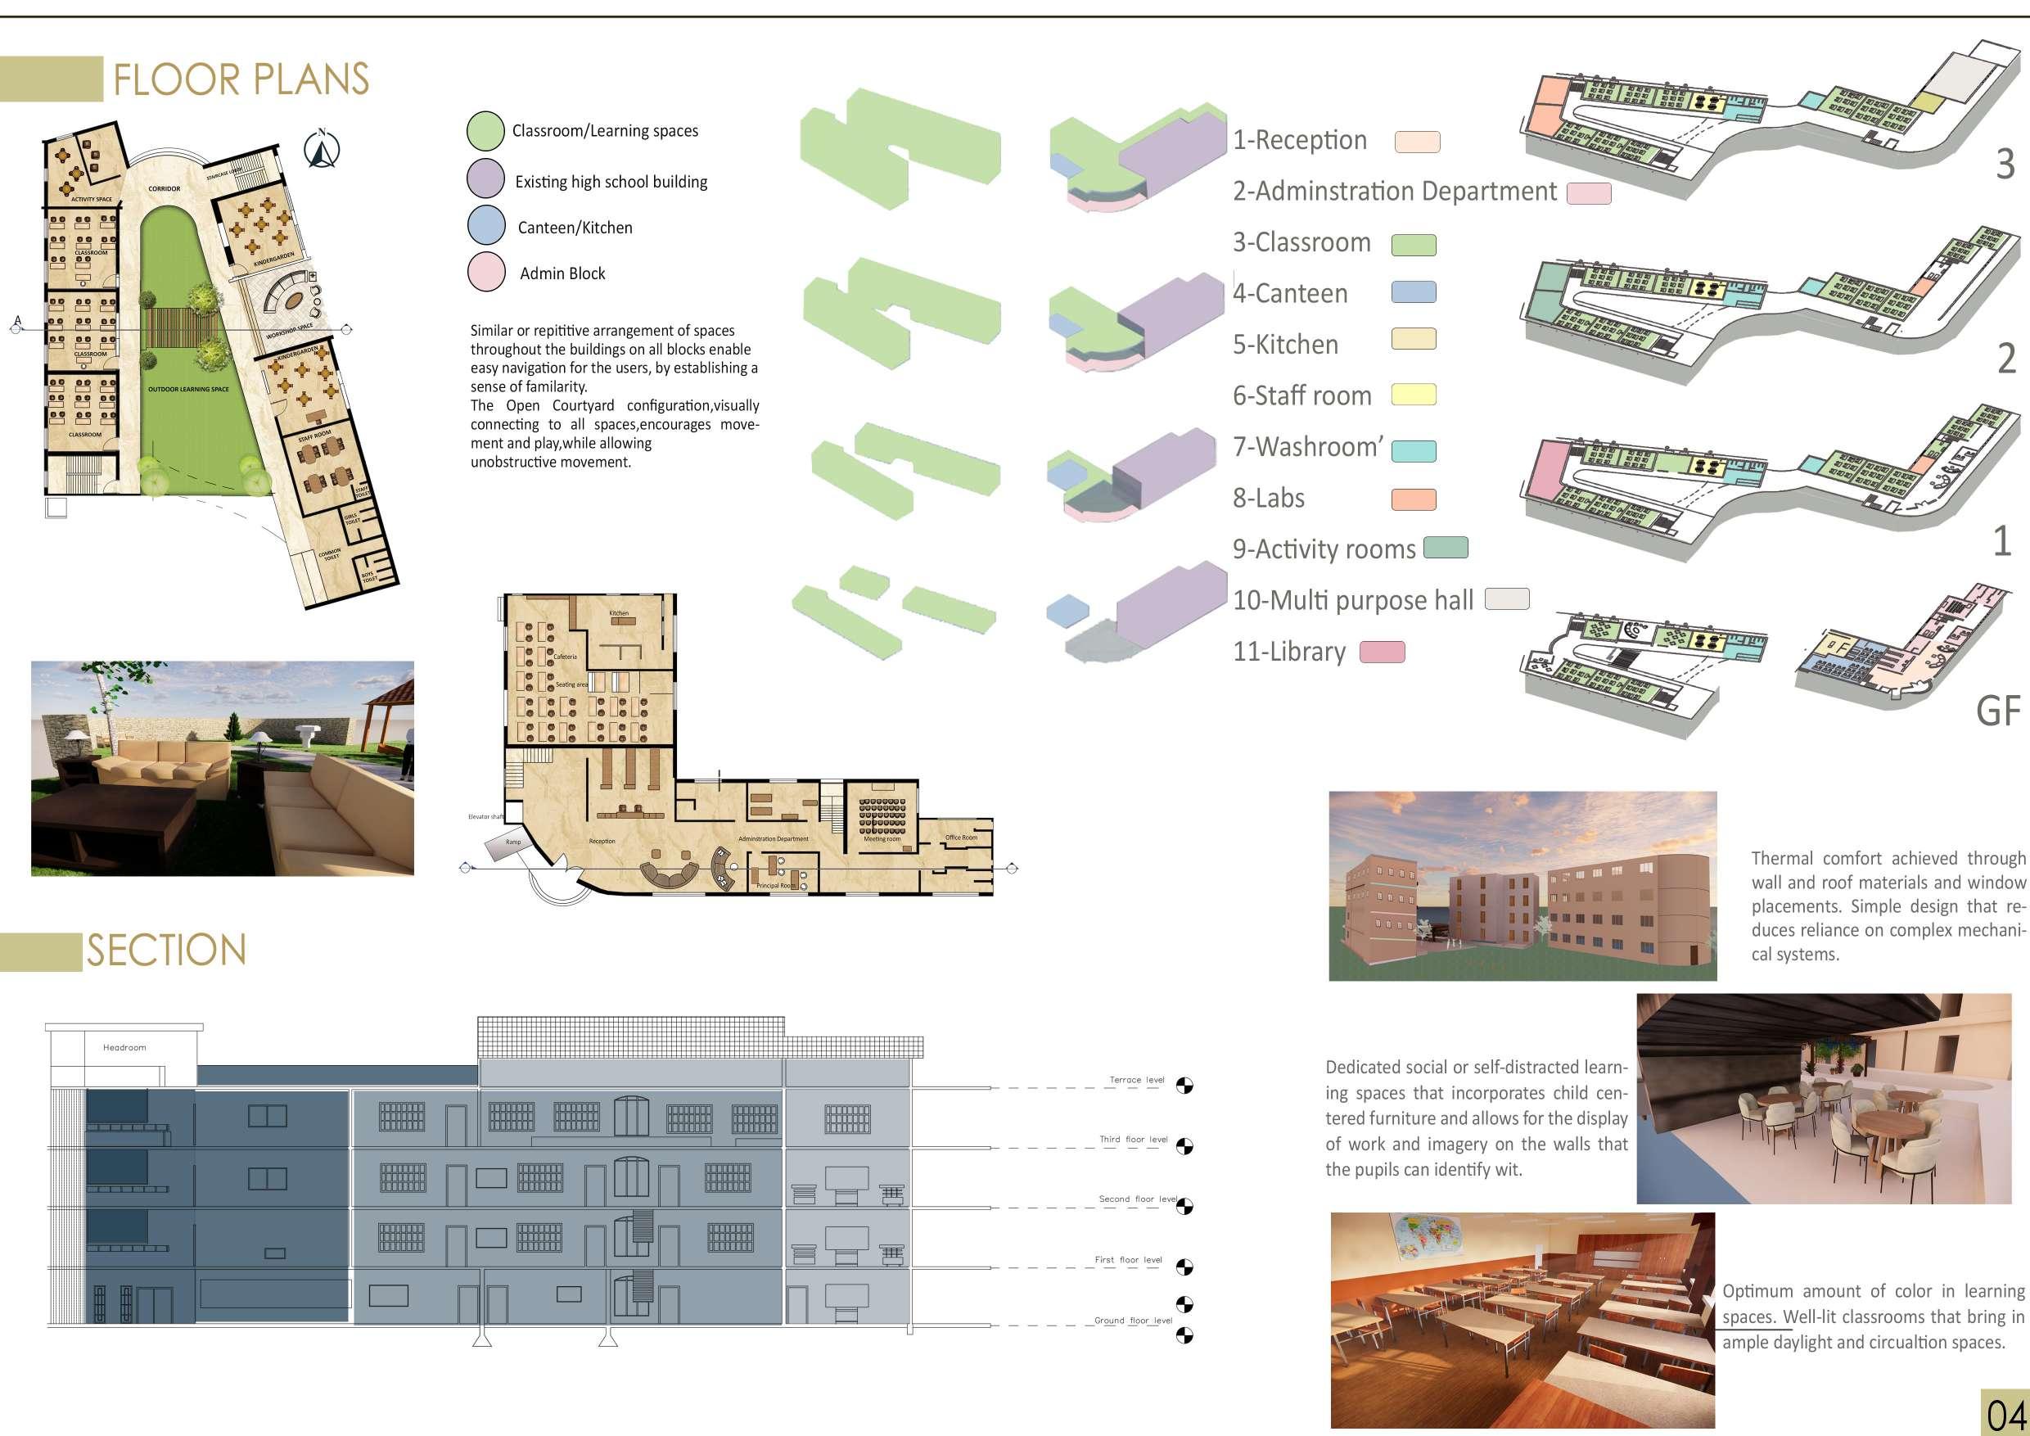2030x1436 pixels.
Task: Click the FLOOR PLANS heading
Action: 241,79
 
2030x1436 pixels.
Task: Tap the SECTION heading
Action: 166,951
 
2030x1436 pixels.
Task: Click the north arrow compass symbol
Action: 323,150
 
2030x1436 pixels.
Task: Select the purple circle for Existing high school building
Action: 485,178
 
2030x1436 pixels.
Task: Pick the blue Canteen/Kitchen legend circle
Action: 485,225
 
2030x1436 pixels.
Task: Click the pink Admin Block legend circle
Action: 485,272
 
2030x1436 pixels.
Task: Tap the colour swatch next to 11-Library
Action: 1382,653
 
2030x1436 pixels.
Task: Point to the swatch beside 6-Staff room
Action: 1413,395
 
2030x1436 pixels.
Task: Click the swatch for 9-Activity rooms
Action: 1446,549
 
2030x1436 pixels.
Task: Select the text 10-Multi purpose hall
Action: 1353,600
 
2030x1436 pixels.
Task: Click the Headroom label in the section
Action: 124,1048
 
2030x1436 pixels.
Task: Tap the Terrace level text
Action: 1137,1080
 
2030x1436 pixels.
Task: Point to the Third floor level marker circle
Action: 1184,1147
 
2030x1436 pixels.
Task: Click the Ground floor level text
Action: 1133,1321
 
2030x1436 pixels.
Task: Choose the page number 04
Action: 2005,1414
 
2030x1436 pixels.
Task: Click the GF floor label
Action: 1998,711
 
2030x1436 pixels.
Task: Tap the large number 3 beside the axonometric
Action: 2005,165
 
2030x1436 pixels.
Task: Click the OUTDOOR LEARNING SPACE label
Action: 188,389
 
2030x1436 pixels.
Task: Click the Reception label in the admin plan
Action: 602,841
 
